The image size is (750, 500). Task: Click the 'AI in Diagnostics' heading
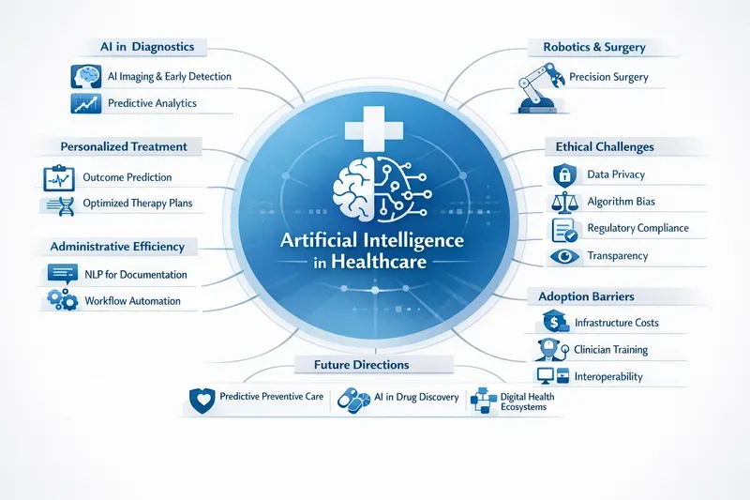click(x=147, y=47)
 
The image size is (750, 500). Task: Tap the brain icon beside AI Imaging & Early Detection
click(x=86, y=77)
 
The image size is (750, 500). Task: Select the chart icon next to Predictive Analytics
click(x=86, y=103)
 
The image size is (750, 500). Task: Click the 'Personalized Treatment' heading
click(x=124, y=146)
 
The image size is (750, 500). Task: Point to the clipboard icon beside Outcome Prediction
click(x=59, y=178)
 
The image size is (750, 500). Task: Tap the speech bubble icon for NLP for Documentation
click(x=63, y=274)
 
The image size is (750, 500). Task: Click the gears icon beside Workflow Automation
click(x=63, y=300)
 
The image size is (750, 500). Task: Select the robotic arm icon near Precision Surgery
click(x=541, y=89)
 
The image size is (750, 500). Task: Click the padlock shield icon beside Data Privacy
click(x=564, y=175)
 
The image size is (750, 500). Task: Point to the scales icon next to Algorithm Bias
click(x=564, y=203)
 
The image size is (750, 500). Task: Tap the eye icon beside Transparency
click(x=564, y=256)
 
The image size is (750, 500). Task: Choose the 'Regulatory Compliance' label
click(x=638, y=228)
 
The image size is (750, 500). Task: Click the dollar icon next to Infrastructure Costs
click(x=555, y=322)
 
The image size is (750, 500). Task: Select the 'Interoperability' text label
click(x=608, y=376)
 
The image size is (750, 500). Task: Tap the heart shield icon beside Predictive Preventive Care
click(x=202, y=401)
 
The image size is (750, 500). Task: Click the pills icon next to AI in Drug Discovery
click(x=354, y=401)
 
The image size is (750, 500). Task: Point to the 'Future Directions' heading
click(x=362, y=365)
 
